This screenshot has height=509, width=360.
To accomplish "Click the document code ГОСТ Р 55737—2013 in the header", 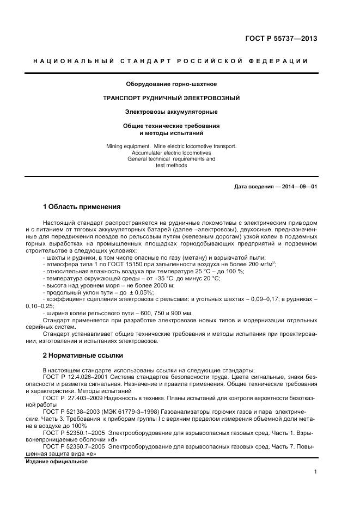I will point(282,39).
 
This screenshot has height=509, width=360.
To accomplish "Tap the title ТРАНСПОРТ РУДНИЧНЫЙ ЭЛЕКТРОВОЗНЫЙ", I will point(172,98).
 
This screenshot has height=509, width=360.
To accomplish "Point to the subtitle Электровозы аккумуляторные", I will point(171,112).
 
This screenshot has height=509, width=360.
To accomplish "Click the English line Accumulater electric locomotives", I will point(171,153).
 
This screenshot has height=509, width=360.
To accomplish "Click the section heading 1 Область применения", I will point(81,207).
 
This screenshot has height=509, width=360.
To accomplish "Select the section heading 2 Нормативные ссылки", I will point(82,355).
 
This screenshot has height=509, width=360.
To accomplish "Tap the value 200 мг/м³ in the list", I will point(262,263).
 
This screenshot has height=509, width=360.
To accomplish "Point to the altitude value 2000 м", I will point(163,285).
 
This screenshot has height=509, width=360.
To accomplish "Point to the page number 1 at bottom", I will point(315,473).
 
